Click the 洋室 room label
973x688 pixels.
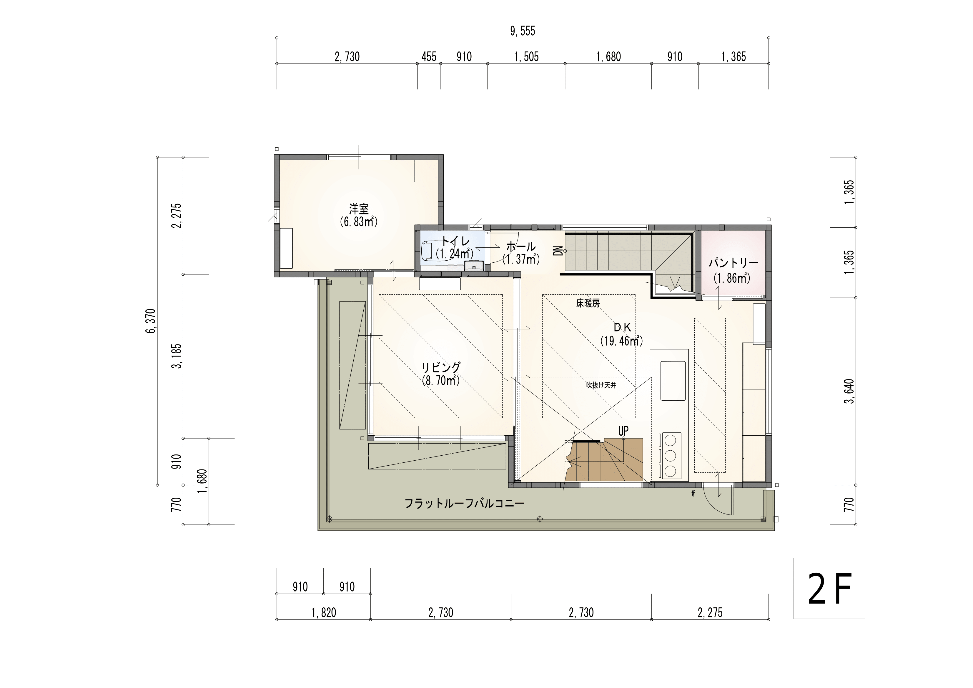(x=359, y=209)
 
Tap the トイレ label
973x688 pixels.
(x=455, y=241)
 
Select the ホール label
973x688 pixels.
(x=521, y=246)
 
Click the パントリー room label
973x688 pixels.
(x=734, y=263)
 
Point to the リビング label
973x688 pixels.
(x=441, y=367)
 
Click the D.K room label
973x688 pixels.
(x=623, y=327)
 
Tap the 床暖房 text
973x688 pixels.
(x=588, y=303)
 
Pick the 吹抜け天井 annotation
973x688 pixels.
(x=601, y=386)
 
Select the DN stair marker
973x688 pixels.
(x=558, y=251)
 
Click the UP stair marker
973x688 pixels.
(x=623, y=431)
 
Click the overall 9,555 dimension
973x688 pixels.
(x=523, y=31)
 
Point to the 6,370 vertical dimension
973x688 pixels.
(x=151, y=321)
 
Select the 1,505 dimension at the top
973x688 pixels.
(x=526, y=57)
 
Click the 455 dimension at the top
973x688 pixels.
(x=429, y=57)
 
